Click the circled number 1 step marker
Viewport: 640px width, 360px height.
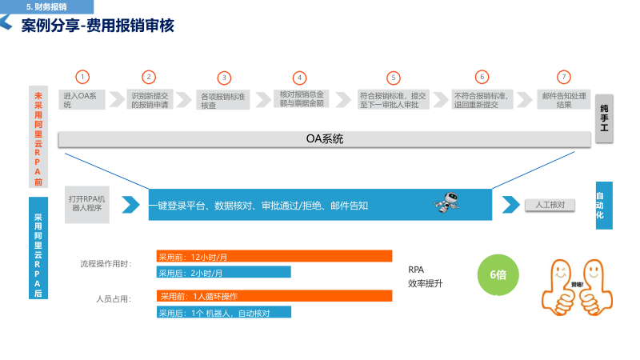pyautogui.click(x=82, y=77)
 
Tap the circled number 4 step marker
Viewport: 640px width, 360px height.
pyautogui.click(x=300, y=78)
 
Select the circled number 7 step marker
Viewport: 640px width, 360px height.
pyautogui.click(x=564, y=77)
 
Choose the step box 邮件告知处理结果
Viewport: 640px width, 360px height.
pyautogui.click(x=563, y=99)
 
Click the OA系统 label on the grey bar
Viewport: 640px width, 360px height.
pyautogui.click(x=324, y=138)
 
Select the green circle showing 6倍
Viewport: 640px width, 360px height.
pyautogui.click(x=498, y=274)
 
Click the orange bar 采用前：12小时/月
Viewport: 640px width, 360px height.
pyautogui.click(x=274, y=257)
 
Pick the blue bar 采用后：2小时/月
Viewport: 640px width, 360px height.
pyautogui.click(x=223, y=272)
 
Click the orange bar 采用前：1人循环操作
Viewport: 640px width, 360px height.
pyautogui.click(x=274, y=296)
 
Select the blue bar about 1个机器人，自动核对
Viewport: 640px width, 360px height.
pyautogui.click(x=223, y=311)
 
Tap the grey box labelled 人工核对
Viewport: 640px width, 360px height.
pyautogui.click(x=550, y=205)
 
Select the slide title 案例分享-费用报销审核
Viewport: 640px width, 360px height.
pyautogui.click(x=98, y=26)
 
